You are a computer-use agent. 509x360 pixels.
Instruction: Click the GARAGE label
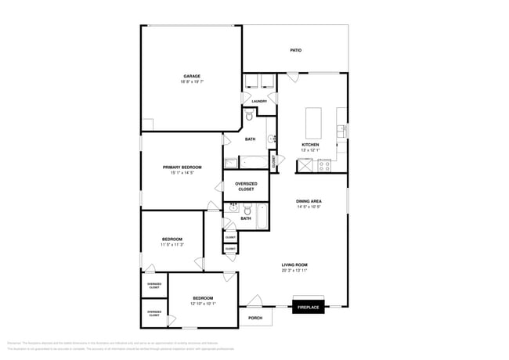tap(192, 76)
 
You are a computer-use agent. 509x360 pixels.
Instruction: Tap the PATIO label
tap(296, 50)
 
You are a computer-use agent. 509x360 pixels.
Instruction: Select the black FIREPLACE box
tap(308, 308)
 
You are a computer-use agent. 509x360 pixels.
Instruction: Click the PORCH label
tap(255, 318)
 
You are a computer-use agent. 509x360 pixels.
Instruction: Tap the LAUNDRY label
tap(259, 101)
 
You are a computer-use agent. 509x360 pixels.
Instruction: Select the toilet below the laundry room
tap(249, 116)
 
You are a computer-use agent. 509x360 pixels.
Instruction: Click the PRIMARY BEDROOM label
tap(182, 167)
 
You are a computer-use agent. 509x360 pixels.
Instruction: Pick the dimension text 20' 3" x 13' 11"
tap(294, 270)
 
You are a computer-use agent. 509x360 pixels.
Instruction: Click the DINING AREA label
tap(309, 201)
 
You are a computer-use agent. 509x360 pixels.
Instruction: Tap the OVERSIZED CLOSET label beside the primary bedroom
tap(246, 186)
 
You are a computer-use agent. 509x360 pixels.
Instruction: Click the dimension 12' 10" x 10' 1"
tap(203, 304)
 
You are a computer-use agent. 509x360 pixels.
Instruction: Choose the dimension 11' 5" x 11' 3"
tap(172, 244)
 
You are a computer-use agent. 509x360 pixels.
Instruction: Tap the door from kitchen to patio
tap(291, 77)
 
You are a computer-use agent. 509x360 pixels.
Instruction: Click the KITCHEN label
tap(311, 145)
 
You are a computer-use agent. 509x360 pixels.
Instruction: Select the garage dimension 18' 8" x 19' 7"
tap(192, 81)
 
